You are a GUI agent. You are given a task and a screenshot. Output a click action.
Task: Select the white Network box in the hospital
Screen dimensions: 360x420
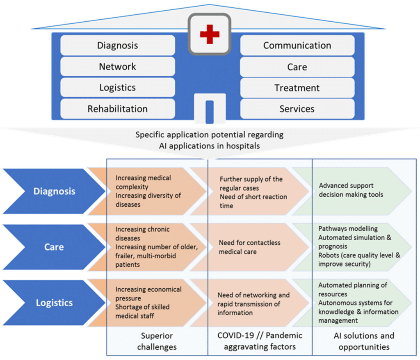coord(117,66)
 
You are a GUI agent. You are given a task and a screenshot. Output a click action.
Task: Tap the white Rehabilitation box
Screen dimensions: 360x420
coord(117,109)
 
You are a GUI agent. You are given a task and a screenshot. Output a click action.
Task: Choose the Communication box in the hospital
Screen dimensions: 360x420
coord(297,45)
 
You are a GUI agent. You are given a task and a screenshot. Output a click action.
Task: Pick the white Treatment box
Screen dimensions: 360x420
coord(297,88)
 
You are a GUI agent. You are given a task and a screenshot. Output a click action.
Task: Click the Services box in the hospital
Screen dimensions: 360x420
coord(297,109)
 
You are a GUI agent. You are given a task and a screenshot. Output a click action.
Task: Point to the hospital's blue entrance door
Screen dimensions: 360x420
coord(210,111)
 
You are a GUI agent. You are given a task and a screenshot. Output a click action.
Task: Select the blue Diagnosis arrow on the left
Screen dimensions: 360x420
coord(54,191)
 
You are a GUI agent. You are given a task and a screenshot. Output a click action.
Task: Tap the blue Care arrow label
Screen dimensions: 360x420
coord(54,247)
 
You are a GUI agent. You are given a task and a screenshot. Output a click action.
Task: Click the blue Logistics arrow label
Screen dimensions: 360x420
coord(54,303)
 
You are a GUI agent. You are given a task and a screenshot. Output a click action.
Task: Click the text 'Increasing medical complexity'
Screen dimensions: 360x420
coord(143,182)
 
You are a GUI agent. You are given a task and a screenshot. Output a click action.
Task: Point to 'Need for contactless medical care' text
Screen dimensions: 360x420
coord(249,247)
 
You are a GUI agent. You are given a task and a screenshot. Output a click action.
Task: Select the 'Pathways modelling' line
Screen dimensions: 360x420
coord(348,229)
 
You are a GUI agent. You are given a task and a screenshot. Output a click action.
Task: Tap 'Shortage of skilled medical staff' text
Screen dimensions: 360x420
coord(142,311)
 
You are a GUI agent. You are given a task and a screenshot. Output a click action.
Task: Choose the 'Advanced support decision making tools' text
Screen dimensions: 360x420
coord(351,190)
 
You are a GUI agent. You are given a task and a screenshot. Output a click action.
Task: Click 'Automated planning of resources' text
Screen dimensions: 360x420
coord(352,289)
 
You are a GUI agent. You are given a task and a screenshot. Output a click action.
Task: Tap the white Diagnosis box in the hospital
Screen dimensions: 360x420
coord(117,45)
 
